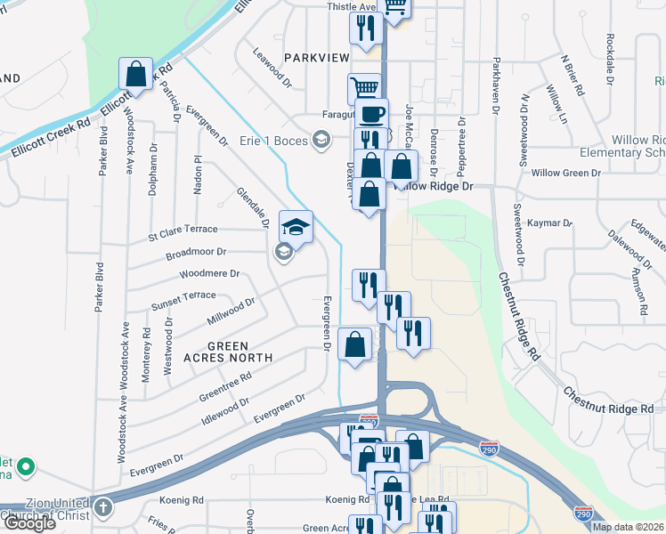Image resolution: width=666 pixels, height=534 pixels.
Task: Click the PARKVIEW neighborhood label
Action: pos(317,57)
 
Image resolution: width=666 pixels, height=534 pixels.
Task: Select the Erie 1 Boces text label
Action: pos(273,141)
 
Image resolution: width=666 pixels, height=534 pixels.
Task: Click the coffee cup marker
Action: pos(371,114)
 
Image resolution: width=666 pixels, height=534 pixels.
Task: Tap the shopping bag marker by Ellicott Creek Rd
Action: pos(136,74)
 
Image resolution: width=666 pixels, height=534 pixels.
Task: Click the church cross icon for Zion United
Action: pos(103,508)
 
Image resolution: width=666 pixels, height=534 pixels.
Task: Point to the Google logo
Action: pos(29,523)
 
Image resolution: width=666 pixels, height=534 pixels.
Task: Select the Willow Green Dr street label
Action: pos(566,173)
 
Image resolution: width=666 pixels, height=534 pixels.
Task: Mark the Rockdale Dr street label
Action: pos(610,59)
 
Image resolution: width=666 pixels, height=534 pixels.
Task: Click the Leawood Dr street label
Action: pos(272,68)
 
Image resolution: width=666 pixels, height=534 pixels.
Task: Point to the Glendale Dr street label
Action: pos(253,206)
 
